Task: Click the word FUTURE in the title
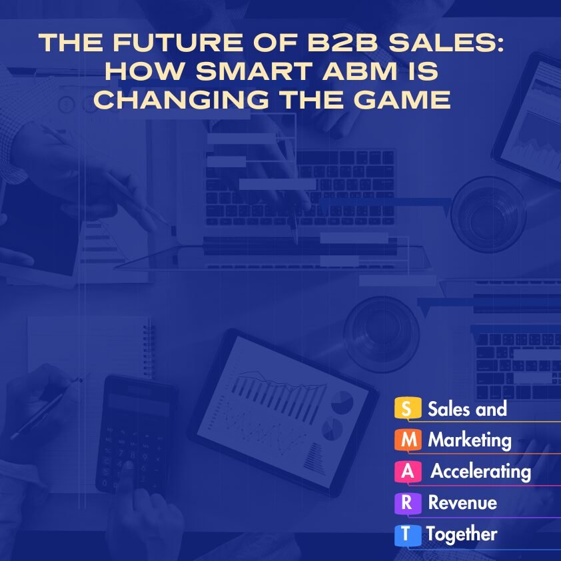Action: click(177, 42)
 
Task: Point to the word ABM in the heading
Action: click(360, 71)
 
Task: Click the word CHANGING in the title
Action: click(181, 99)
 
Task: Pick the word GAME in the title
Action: click(402, 99)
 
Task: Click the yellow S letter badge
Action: click(408, 408)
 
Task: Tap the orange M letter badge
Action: click(408, 440)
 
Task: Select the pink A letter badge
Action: click(408, 472)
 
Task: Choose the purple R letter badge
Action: click(408, 503)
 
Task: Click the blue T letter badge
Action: click(408, 535)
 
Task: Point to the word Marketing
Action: click(470, 440)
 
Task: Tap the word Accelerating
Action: click(481, 472)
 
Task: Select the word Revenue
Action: click(462, 502)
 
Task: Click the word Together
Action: click(462, 535)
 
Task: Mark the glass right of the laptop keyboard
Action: click(488, 215)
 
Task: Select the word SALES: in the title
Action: click(446, 42)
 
